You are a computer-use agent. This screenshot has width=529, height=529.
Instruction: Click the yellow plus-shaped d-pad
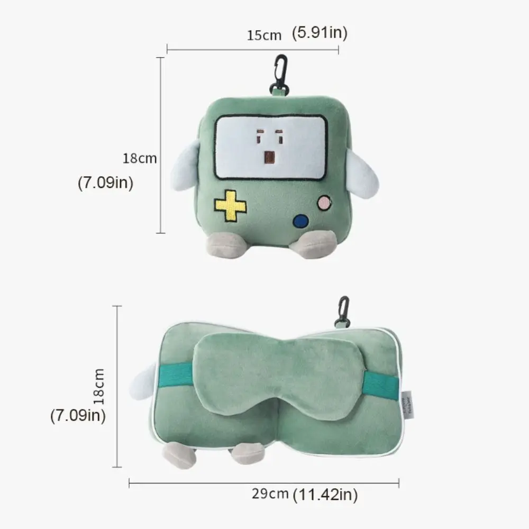[x=230, y=206]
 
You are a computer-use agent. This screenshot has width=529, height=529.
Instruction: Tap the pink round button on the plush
[x=324, y=202]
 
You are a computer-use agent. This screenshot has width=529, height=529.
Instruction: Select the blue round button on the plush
[x=301, y=221]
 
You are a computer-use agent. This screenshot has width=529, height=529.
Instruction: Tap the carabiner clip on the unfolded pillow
[x=343, y=312]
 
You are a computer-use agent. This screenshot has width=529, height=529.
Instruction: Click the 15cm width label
[x=264, y=35]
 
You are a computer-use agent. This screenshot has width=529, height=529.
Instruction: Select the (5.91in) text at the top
[x=320, y=33]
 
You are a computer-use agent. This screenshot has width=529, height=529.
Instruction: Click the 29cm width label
[x=270, y=495]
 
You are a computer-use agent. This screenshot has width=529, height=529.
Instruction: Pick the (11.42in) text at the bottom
[x=325, y=495]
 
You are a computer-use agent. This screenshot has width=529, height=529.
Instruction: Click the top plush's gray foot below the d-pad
[x=225, y=244]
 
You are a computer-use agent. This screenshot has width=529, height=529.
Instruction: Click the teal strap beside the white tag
[x=380, y=385]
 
